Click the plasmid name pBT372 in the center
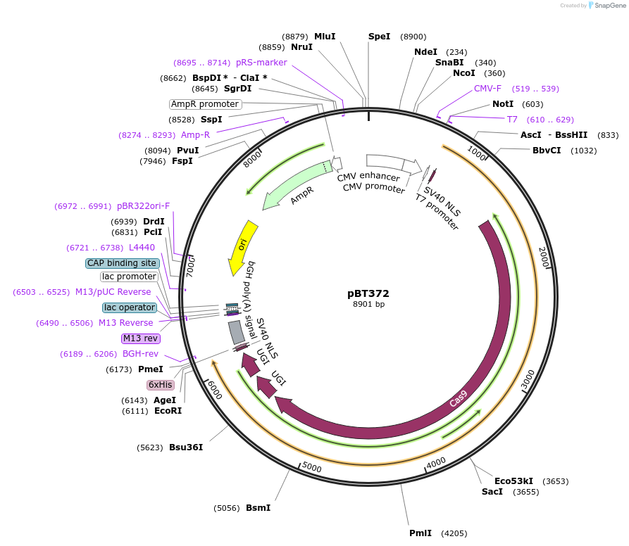(x=368, y=293)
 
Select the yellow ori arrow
(x=243, y=246)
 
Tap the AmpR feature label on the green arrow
(x=301, y=196)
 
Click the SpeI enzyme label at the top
(x=379, y=37)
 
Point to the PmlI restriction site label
(x=421, y=533)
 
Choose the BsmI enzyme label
(x=258, y=507)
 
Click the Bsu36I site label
(x=186, y=447)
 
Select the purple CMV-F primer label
(x=487, y=89)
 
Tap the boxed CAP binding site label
(x=122, y=263)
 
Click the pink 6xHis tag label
(x=160, y=385)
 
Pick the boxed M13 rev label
(x=142, y=338)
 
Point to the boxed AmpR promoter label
(x=205, y=104)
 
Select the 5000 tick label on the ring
(x=311, y=468)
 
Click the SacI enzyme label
(x=492, y=492)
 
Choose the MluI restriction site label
(x=325, y=36)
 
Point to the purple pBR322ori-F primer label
(x=143, y=206)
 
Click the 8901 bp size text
(x=368, y=305)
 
